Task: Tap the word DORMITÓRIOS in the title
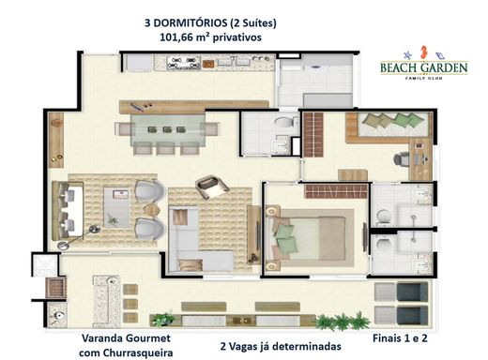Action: click(191, 22)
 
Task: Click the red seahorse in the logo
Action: click(423, 52)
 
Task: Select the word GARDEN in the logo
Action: click(444, 67)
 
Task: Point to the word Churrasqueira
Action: click(138, 353)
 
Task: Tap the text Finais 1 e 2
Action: click(400, 338)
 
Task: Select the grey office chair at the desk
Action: click(402, 159)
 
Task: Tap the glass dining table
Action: click(168, 129)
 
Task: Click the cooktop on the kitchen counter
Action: click(183, 63)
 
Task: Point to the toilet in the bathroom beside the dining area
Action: click(285, 122)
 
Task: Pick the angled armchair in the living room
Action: click(212, 187)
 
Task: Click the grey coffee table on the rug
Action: click(116, 207)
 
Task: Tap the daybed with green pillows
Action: click(392, 125)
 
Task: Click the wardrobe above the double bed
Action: click(337, 191)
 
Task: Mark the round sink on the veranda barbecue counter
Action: click(112, 280)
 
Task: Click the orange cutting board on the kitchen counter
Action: click(208, 64)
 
